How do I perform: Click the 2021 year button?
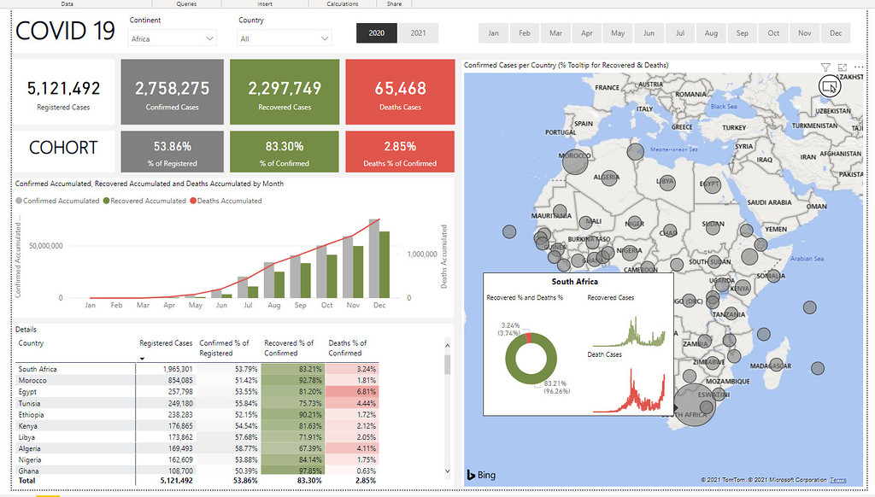click(x=418, y=32)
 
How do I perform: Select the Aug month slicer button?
click(x=711, y=33)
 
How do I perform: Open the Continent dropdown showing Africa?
click(x=173, y=38)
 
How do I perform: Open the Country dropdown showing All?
click(x=285, y=38)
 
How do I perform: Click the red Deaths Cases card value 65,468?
click(x=400, y=88)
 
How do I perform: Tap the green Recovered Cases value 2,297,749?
click(x=285, y=88)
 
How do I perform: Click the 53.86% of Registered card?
click(x=173, y=146)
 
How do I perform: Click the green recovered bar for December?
click(x=384, y=263)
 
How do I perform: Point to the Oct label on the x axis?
click(x=326, y=305)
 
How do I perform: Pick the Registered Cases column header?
click(x=166, y=343)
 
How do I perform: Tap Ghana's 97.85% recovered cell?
click(x=293, y=470)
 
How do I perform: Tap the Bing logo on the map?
click(x=480, y=475)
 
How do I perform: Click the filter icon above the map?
click(x=825, y=67)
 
